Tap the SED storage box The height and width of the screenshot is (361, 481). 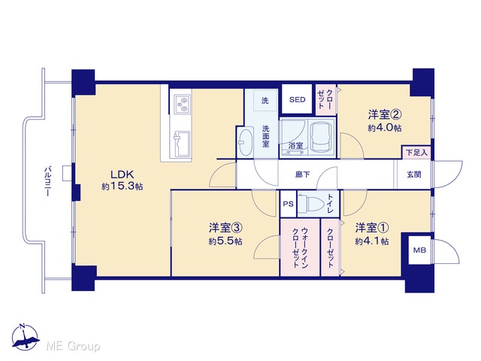(298, 99)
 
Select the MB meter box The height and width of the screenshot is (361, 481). (419, 250)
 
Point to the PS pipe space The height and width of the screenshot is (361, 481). (288, 204)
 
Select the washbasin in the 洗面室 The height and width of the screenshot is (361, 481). (245, 142)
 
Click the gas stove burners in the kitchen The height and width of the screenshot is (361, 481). (182, 104)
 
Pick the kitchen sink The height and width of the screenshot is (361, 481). (182, 144)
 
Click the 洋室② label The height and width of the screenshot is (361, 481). (385, 115)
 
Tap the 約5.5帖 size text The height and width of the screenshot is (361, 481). (225, 241)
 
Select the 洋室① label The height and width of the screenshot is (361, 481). (372, 228)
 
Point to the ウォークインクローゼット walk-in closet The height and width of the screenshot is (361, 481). (301, 247)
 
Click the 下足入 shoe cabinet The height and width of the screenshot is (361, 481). (416, 152)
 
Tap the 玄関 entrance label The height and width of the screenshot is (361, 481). (414, 174)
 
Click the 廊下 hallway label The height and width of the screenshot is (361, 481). (302, 174)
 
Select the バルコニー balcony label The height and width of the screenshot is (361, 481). (47, 181)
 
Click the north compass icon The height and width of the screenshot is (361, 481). (25, 337)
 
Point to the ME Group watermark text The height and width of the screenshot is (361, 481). (73, 346)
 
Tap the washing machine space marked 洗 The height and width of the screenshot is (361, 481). (265, 100)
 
